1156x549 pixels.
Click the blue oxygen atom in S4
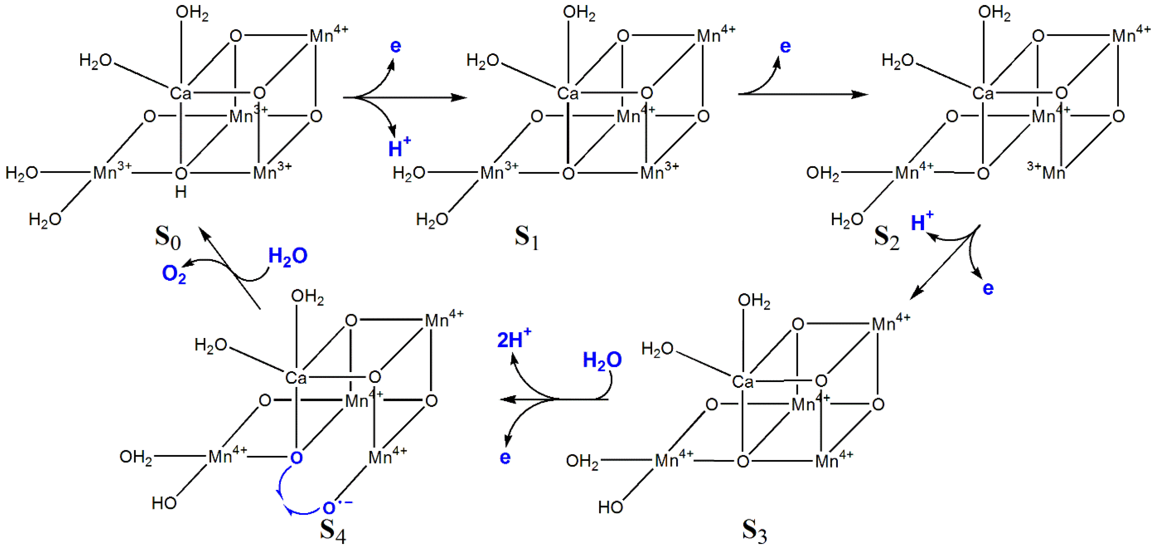pos(296,458)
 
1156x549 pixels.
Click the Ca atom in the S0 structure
pos(180,93)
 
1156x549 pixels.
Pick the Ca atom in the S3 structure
pos(742,382)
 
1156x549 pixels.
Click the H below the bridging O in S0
pos(180,192)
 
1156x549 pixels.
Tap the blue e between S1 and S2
pos(785,46)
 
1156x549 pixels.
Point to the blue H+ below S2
pos(921,222)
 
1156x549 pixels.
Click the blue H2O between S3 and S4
pos(602,360)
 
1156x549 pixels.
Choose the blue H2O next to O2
pos(288,256)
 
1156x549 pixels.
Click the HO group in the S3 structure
pos(610,507)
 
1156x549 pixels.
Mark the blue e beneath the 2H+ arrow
pos(505,457)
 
